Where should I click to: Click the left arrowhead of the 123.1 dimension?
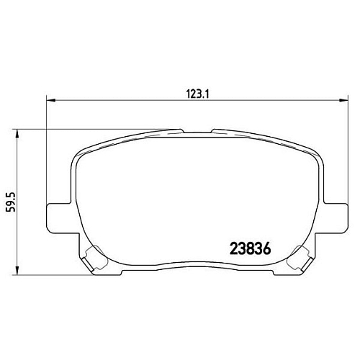50,99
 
